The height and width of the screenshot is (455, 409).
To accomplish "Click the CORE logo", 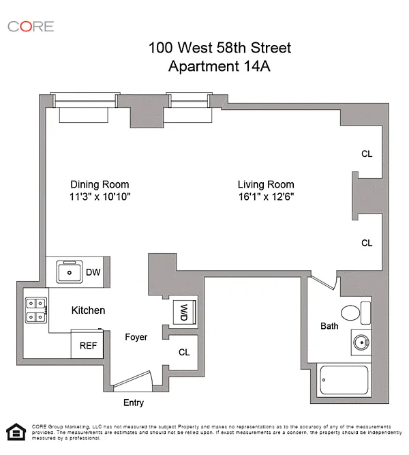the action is click(31, 27).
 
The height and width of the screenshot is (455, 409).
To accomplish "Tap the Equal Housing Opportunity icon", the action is click(16, 432).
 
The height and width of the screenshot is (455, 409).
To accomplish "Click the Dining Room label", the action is click(100, 185).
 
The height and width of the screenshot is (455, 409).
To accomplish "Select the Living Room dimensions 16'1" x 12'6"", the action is click(266, 196).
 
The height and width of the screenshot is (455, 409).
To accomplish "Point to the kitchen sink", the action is click(69, 271).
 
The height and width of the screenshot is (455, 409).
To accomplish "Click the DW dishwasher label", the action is click(93, 272).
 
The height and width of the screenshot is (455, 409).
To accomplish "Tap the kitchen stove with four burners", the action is click(36, 310).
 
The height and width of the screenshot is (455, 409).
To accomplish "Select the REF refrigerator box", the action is click(87, 344).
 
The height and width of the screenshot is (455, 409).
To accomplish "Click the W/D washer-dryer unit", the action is click(185, 312).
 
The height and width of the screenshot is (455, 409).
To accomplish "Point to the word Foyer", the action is click(136, 337).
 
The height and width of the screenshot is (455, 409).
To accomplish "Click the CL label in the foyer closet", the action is click(184, 352).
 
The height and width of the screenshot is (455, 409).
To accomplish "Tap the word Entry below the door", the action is click(134, 402).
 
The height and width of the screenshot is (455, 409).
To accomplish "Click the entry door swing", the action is click(132, 379).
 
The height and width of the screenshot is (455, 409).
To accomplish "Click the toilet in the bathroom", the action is click(356, 313).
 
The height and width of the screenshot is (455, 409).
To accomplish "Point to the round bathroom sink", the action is click(361, 342).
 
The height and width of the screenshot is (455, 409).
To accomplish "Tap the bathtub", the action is click(344, 380).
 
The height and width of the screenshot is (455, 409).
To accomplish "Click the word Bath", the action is click(329, 326).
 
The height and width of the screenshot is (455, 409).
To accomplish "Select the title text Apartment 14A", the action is click(219, 66).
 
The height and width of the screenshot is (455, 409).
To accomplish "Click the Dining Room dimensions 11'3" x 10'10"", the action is click(100, 196).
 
